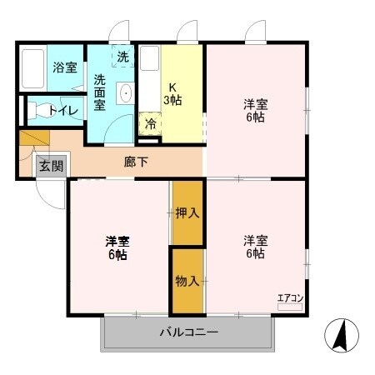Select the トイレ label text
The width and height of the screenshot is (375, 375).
pyautogui.click(x=64, y=110)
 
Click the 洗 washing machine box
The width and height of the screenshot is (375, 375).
pyautogui.click(x=123, y=58)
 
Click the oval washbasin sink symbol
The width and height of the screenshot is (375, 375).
pyautogui.click(x=126, y=93)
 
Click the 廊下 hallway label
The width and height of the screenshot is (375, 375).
pyautogui.click(x=137, y=162)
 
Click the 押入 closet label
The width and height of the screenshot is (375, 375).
pyautogui.click(x=187, y=213)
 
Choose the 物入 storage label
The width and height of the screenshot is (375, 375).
pyautogui.click(x=187, y=281)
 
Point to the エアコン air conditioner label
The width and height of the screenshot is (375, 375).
pyautogui.click(x=289, y=297)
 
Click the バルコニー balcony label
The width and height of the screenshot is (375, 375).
pyautogui.click(x=188, y=333)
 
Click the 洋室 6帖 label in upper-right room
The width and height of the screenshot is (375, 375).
pyautogui.click(x=254, y=111)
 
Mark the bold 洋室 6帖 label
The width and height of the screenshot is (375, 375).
pyautogui.click(x=117, y=248)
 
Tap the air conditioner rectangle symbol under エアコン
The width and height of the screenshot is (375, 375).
pyautogui.click(x=289, y=307)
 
